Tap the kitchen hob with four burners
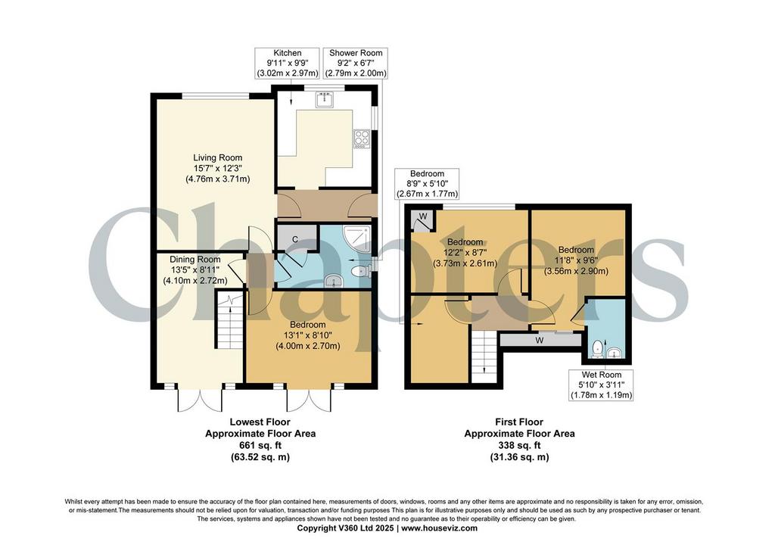(x=361, y=139)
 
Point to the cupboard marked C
(x=296, y=238)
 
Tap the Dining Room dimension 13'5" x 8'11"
(x=195, y=269)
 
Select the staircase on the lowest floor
(x=229, y=320)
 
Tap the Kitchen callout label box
(x=287, y=63)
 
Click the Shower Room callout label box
(x=356, y=63)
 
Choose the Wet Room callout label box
(x=601, y=385)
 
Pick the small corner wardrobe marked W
(x=423, y=220)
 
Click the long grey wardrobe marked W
(x=540, y=340)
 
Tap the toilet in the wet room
(x=598, y=348)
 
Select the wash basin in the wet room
(x=615, y=353)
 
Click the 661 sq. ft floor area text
(x=260, y=445)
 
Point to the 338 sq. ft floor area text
(x=519, y=445)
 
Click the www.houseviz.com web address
(x=439, y=528)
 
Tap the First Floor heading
(x=519, y=422)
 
